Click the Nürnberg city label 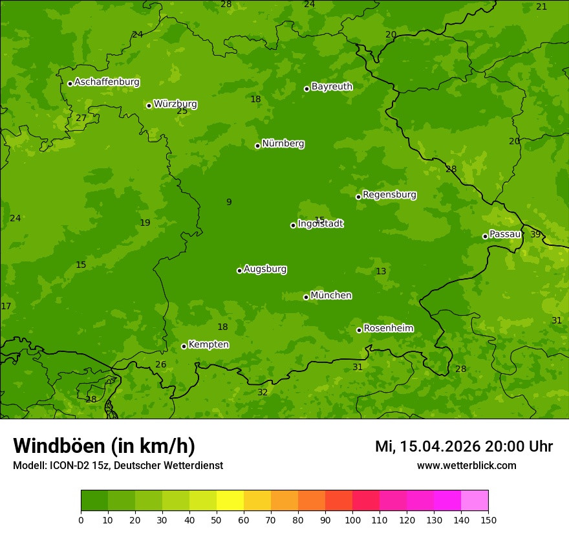(x=283, y=144)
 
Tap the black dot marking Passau (x=485, y=236)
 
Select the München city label (x=331, y=296)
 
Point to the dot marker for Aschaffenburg (x=70, y=83)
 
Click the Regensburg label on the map (x=389, y=195)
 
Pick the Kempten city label (x=208, y=345)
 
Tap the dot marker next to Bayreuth (x=306, y=89)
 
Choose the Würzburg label (x=175, y=104)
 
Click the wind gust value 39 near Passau (x=535, y=234)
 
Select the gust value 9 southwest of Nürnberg (x=229, y=203)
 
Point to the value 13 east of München (x=381, y=271)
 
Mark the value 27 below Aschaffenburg (x=81, y=118)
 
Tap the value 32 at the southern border (x=263, y=392)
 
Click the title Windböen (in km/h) (x=104, y=446)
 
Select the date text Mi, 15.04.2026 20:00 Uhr (x=464, y=446)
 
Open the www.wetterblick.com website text (x=466, y=465)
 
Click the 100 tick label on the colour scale (x=352, y=520)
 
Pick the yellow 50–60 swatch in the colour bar (x=230, y=500)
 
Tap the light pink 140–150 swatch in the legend (x=475, y=500)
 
